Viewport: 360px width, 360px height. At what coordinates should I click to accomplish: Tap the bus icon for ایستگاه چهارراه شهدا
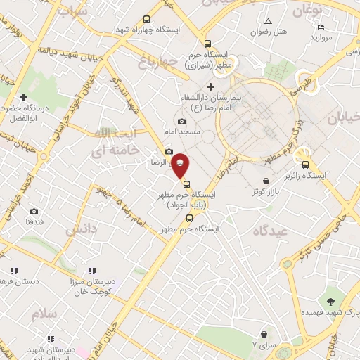pos(146,20)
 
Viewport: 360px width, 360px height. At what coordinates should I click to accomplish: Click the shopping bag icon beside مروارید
pos(341,27)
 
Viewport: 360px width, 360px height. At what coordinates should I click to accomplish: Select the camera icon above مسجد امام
pos(182,122)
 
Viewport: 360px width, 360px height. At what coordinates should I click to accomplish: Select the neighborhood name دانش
pos(80,229)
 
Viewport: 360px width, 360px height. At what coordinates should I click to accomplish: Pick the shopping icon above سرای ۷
pos(263,334)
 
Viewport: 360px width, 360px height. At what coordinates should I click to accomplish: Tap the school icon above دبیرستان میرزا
pos(91,271)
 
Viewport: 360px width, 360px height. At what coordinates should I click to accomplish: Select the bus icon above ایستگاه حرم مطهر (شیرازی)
pos(206,42)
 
